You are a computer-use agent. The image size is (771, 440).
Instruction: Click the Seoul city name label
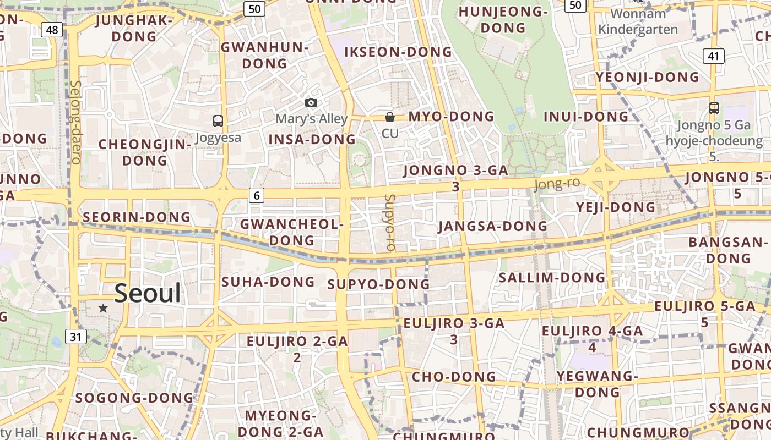click(x=148, y=294)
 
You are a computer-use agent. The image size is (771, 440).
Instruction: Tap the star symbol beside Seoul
click(x=103, y=308)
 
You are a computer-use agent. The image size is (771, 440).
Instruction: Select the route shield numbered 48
click(x=51, y=30)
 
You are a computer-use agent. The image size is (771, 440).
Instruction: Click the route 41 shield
click(x=713, y=56)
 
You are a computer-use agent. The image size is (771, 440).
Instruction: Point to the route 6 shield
click(x=257, y=195)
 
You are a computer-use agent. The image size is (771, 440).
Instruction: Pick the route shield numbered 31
click(x=75, y=336)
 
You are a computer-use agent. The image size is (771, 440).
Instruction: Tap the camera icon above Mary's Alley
click(x=311, y=103)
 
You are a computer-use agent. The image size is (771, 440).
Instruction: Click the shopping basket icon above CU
click(x=390, y=117)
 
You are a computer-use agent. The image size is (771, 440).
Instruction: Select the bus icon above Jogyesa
click(x=218, y=121)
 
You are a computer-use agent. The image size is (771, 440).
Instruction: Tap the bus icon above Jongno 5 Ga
click(x=714, y=108)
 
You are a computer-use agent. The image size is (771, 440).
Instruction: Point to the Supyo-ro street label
click(x=390, y=222)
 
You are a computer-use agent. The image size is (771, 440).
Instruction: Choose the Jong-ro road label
click(x=557, y=184)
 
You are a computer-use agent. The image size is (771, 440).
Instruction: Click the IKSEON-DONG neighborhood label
click(x=398, y=52)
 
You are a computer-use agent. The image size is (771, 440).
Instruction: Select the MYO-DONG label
click(x=451, y=117)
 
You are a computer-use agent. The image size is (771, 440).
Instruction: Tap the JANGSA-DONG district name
click(x=492, y=226)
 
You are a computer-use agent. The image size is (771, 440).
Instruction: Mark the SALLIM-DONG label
click(x=552, y=277)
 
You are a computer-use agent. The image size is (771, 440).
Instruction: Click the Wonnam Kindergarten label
click(x=638, y=21)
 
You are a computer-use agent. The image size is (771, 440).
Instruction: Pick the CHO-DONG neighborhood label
click(x=454, y=377)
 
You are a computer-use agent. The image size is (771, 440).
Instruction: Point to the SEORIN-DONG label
click(x=137, y=217)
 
